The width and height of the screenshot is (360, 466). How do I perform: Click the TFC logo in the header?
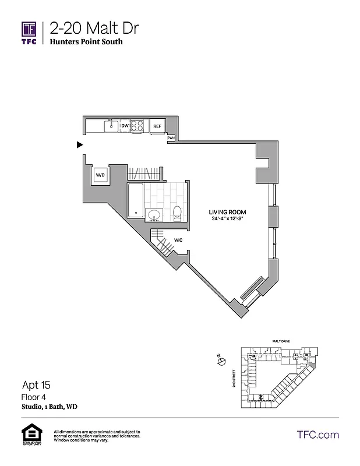(29, 32)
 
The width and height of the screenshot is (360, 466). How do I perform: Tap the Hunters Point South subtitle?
(86, 42)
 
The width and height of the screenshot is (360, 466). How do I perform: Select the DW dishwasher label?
(125, 125)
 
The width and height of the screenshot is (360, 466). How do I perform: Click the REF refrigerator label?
(157, 126)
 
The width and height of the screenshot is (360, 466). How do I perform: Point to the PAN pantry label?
(171, 138)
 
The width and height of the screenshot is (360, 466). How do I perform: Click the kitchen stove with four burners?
(137, 125)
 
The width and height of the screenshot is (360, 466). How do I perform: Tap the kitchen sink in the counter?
(110, 125)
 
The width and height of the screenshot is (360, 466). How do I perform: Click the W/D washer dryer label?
(100, 174)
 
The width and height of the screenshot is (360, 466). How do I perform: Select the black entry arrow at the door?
(80, 145)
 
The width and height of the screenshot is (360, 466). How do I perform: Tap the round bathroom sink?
(154, 214)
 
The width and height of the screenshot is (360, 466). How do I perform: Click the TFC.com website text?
(318, 435)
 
